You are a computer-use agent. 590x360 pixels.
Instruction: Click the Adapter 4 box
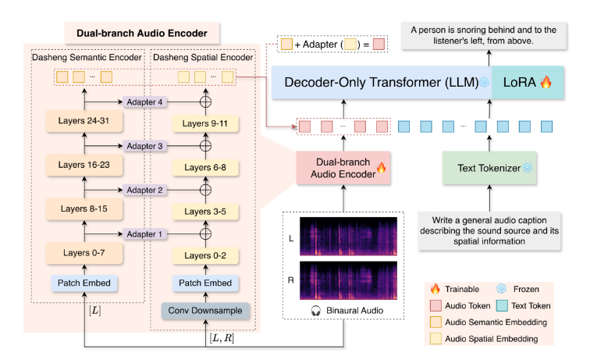[x=144, y=102]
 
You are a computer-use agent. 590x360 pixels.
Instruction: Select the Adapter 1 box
[x=144, y=233]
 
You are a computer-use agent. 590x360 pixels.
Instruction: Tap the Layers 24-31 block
[x=84, y=121]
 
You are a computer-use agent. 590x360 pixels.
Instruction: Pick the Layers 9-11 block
[x=205, y=123]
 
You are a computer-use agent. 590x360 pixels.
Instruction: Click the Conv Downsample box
[x=205, y=311]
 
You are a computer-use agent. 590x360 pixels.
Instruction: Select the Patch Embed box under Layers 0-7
[x=84, y=283]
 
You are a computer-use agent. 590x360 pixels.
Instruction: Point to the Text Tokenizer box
[x=489, y=168]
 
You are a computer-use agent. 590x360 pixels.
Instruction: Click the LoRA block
[x=527, y=83]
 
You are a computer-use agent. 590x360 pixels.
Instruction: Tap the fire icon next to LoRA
[x=546, y=82]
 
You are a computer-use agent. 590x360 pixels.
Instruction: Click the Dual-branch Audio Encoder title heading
[x=142, y=33]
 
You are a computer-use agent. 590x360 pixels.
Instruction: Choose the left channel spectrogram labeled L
[x=348, y=237]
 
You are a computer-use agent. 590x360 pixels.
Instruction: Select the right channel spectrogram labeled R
[x=348, y=280]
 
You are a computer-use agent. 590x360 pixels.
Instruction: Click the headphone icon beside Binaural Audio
[x=316, y=311]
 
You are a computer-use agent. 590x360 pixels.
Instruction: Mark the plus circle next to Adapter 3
[x=205, y=146]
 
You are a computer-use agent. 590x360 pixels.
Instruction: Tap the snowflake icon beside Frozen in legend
[x=501, y=289]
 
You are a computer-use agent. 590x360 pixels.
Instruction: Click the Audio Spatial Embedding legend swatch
[x=435, y=338]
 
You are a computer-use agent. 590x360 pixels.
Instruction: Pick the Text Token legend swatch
[x=502, y=305]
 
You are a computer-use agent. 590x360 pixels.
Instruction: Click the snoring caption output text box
[x=484, y=35]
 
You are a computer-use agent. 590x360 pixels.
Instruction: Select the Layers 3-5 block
[x=205, y=212]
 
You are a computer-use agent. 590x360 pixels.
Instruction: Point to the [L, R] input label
[x=222, y=338]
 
